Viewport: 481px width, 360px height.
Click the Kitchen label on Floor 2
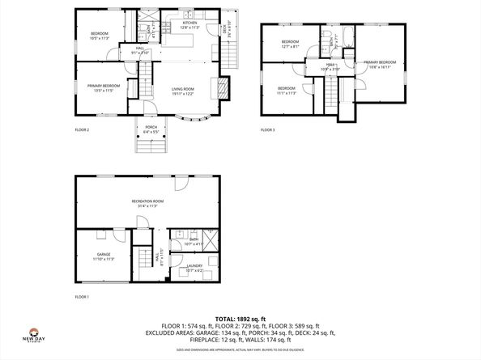pyautogui.click(x=189, y=25)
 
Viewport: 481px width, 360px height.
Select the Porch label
pyautogui.click(x=151, y=128)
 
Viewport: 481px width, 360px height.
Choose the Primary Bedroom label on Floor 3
pyautogui.click(x=379, y=64)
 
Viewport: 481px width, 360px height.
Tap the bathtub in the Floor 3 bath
pyautogui.click(x=349, y=35)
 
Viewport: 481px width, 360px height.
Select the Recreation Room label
pyautogui.click(x=148, y=202)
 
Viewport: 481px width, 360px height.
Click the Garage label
pyautogui.click(x=103, y=256)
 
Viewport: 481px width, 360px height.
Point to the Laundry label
pyautogui.click(x=194, y=267)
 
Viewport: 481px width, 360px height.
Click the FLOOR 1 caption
pyautogui.click(x=82, y=297)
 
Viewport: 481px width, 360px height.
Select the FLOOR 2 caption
pyautogui.click(x=82, y=129)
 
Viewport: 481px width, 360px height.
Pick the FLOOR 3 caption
pyautogui.click(x=268, y=129)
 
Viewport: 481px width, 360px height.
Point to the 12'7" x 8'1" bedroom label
pyautogui.click(x=290, y=44)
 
